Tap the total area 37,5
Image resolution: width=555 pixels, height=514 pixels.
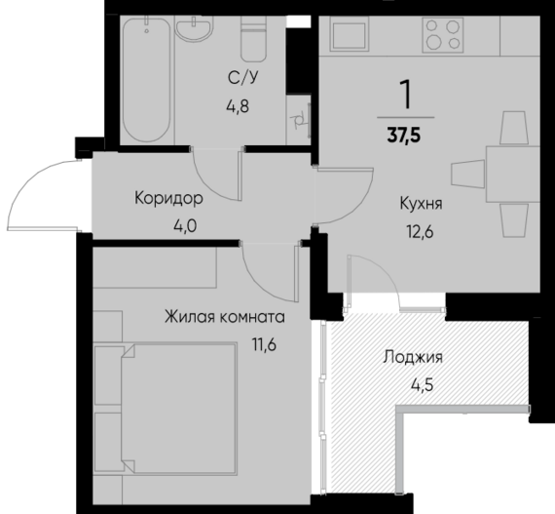tap(403, 135)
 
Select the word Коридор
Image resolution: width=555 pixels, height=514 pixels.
tap(169, 199)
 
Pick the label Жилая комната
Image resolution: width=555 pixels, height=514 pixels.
tap(224, 317)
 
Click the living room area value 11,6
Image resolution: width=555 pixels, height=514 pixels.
tap(262, 342)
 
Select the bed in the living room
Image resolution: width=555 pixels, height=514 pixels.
tap(166, 410)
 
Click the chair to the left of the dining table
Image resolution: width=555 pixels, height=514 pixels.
tap(465, 173)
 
